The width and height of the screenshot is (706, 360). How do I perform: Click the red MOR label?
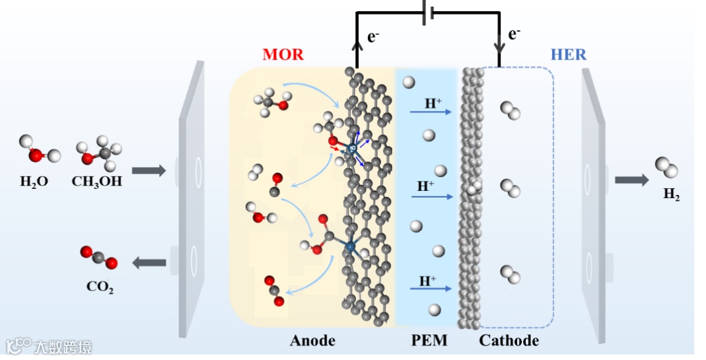[283, 54]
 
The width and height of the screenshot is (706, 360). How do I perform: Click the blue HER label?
[567, 54]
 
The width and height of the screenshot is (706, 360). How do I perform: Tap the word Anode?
[312, 341]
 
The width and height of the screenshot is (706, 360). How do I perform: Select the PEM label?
[429, 341]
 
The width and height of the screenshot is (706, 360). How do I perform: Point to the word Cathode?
[509, 341]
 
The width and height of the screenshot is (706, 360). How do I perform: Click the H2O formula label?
[34, 181]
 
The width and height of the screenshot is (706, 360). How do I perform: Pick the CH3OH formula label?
[97, 181]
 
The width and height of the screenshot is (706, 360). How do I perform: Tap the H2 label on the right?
[671, 196]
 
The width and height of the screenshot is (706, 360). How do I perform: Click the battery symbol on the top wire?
[427, 12]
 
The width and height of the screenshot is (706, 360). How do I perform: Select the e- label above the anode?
[373, 37]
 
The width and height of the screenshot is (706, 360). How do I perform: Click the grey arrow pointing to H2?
[631, 180]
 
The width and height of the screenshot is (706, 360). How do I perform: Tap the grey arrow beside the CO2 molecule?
[149, 263]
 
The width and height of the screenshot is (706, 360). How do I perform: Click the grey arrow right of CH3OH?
[153, 170]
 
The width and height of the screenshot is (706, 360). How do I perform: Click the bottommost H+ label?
[427, 281]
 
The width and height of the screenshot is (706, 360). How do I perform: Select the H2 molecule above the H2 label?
[666, 167]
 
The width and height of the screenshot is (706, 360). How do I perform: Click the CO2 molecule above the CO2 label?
[99, 258]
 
